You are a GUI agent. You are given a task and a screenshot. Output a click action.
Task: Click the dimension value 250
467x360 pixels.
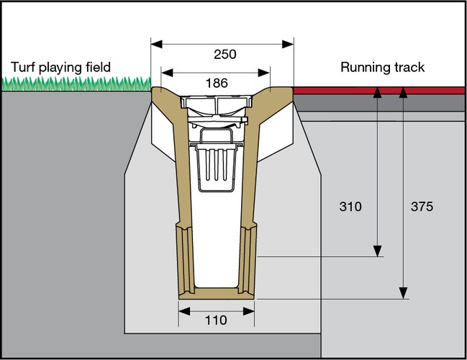pyautogui.click(x=225, y=54)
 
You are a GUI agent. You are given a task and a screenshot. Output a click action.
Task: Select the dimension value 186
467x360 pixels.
pyautogui.click(x=216, y=83)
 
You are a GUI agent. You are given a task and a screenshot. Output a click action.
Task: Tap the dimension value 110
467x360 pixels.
pyautogui.click(x=216, y=320)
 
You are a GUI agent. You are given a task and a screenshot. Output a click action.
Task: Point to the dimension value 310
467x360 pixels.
pyautogui.click(x=350, y=207)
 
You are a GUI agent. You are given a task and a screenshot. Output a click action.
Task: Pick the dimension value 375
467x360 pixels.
pyautogui.click(x=421, y=207)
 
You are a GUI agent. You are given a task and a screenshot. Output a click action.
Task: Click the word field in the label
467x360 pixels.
pyautogui.click(x=97, y=68)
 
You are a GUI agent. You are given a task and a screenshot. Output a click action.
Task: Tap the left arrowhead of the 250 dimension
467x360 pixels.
pyautogui.click(x=154, y=43)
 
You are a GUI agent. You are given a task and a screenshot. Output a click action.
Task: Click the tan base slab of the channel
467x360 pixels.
pyautogui.click(x=216, y=294)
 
